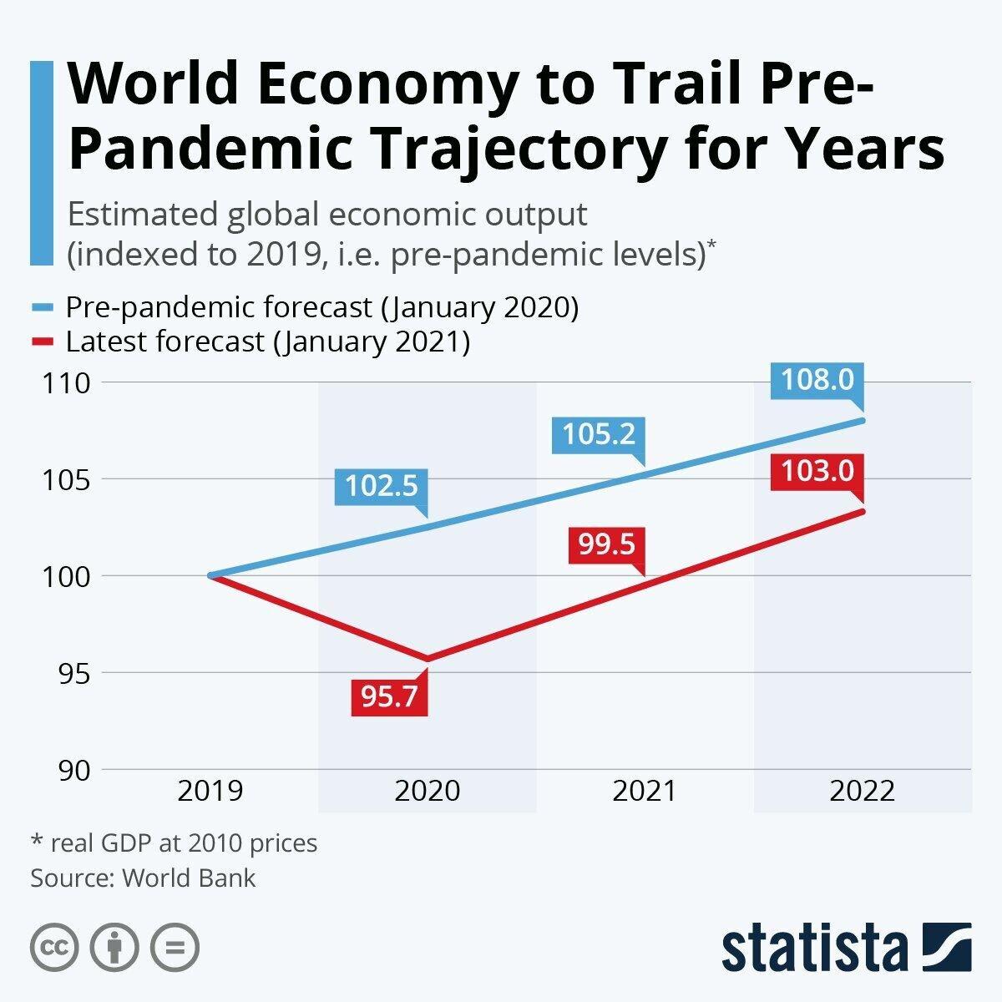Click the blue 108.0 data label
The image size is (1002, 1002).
[817, 381]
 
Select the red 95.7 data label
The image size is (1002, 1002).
[389, 696]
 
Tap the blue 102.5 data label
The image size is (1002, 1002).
[381, 486]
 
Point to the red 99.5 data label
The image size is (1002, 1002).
[607, 545]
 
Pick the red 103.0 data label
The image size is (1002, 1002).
[817, 472]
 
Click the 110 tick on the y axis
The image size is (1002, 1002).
[66, 383]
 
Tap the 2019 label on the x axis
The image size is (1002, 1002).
[210, 791]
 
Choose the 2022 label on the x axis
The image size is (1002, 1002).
[862, 791]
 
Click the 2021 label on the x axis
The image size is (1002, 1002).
[645, 791]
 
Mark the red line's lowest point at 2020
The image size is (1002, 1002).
[428, 659]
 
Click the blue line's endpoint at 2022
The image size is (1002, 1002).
[863, 420]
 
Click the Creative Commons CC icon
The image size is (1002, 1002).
[54, 948]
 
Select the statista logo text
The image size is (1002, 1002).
[815, 948]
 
